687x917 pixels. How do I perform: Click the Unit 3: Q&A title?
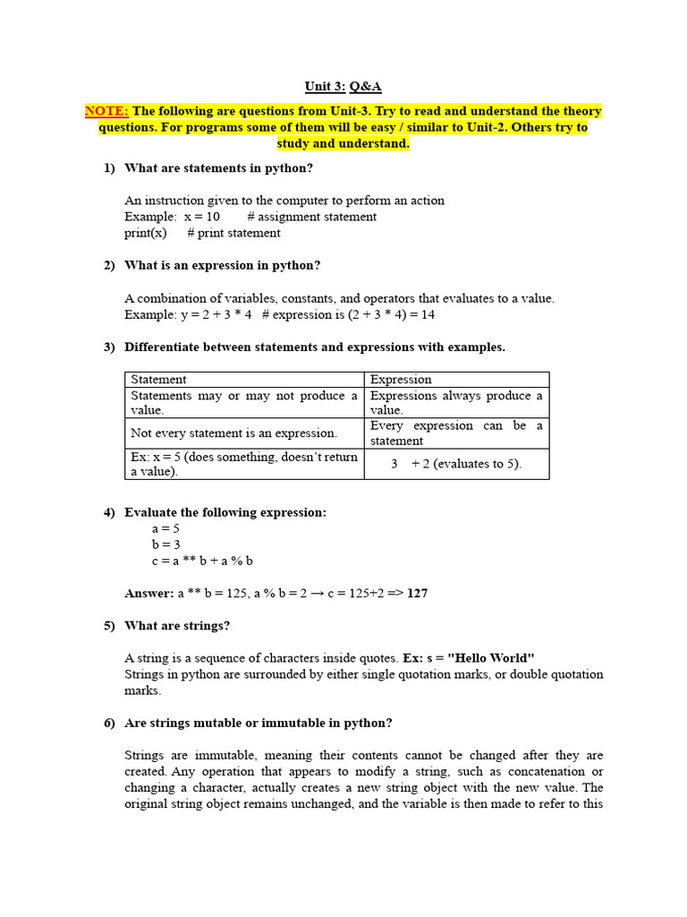point(343,87)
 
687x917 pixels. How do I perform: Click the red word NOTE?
point(106,111)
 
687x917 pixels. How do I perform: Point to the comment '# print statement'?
point(233,233)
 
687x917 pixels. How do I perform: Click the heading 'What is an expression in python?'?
point(222,265)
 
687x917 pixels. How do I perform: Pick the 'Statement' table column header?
point(159,380)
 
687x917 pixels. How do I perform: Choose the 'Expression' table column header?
point(401,380)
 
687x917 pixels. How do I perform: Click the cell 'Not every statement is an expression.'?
point(234,433)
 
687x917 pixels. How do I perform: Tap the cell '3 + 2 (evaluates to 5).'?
point(456,464)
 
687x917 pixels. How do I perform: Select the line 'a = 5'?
point(166,528)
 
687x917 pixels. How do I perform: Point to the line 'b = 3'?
point(166,544)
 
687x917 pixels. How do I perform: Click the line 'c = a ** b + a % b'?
point(202,561)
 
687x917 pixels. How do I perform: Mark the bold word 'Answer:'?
point(149,593)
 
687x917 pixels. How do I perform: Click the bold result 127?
point(417,593)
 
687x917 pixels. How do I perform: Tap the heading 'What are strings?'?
point(177,625)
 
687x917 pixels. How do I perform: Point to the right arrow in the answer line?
point(318,593)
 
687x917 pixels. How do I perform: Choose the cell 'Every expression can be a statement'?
point(456,433)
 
